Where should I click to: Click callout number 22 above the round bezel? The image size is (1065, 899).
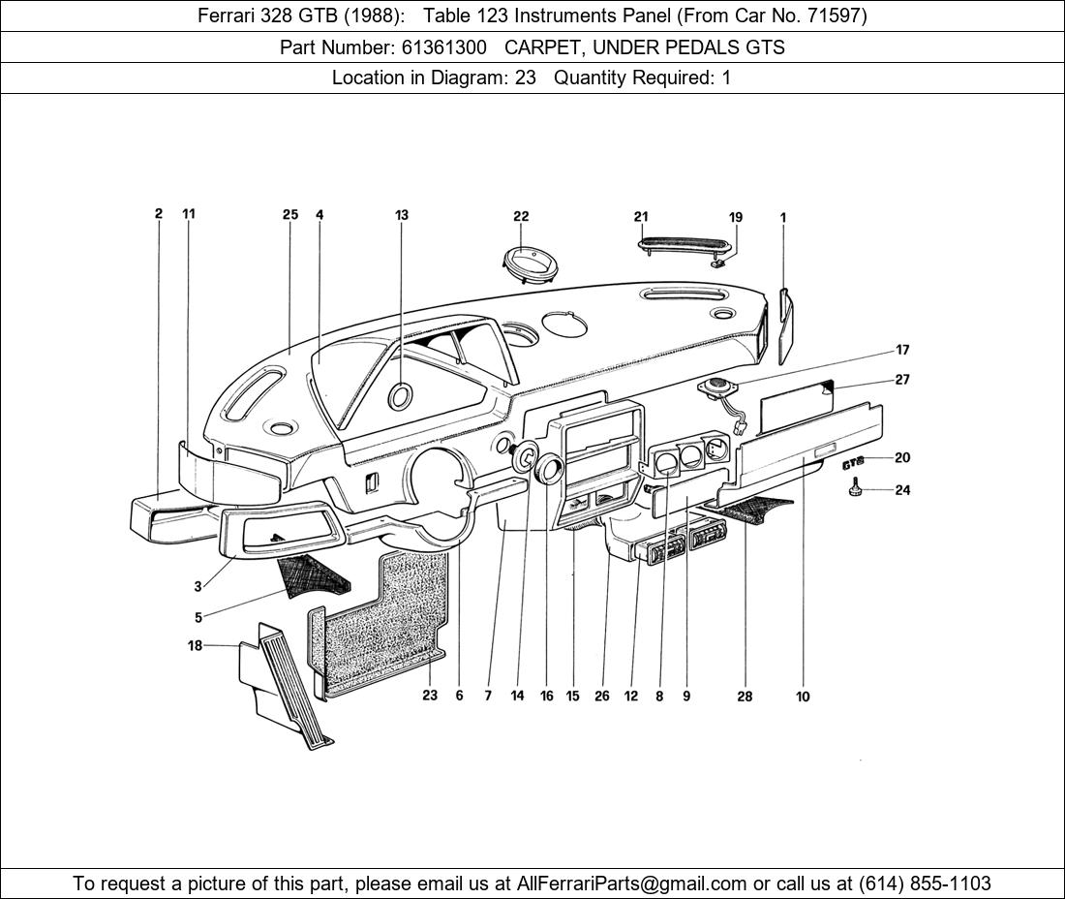(x=521, y=216)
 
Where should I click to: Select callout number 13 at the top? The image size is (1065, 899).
(x=402, y=215)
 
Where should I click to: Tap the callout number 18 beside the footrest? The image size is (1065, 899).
(x=196, y=645)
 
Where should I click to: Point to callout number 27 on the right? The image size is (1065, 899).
(x=902, y=380)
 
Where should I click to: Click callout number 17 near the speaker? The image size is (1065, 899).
(x=902, y=350)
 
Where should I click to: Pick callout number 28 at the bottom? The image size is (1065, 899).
(x=745, y=696)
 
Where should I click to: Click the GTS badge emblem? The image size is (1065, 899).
(x=852, y=464)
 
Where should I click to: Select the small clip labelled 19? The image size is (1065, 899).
(x=719, y=260)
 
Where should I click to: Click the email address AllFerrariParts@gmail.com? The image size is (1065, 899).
(x=632, y=883)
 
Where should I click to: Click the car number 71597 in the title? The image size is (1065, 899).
(x=834, y=15)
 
